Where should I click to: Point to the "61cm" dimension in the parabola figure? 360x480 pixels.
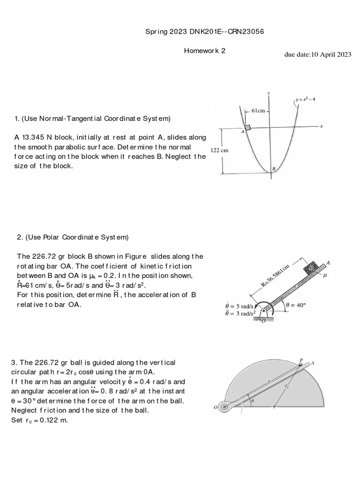click(258, 111)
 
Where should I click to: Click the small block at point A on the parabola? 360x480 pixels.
click(247, 127)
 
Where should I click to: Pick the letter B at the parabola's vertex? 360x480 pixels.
click(273, 169)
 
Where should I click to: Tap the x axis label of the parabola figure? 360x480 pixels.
click(322, 126)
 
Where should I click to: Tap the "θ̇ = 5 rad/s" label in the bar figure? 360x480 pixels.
click(241, 305)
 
